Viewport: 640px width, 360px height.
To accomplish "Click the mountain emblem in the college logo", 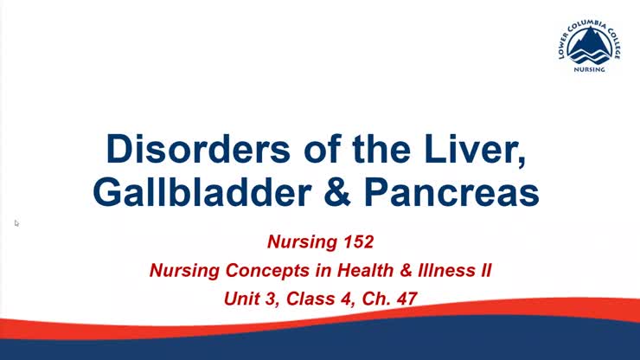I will pos(592,45).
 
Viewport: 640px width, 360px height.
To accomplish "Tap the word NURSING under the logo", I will pos(592,74).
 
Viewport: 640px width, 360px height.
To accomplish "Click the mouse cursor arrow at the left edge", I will pos(16,223).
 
